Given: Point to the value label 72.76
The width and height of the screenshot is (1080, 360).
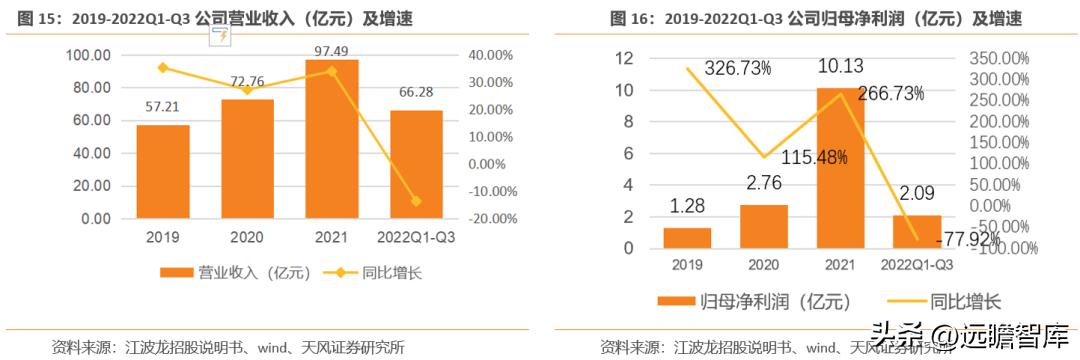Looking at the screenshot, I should [x=247, y=81].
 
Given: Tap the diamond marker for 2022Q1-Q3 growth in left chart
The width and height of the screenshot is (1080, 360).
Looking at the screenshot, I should [x=416, y=201].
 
